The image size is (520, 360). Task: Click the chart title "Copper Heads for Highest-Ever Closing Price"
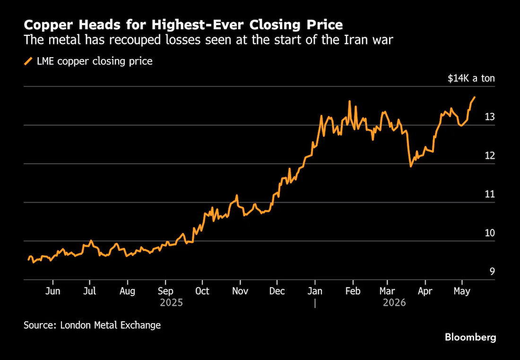click(x=183, y=25)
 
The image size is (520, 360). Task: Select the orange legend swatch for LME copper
click(x=28, y=61)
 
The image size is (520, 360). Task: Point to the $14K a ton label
click(x=471, y=78)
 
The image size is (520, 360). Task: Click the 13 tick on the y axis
click(x=490, y=117)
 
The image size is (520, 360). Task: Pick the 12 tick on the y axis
click(x=490, y=155)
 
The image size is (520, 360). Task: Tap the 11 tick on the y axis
click(x=490, y=194)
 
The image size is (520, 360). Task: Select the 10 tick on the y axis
click(x=490, y=233)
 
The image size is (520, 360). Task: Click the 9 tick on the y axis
click(x=492, y=272)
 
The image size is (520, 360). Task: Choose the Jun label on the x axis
click(x=52, y=291)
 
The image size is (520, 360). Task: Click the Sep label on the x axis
click(x=165, y=291)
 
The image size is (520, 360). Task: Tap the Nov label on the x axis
click(x=240, y=291)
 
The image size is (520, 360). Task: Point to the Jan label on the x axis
click(x=315, y=291)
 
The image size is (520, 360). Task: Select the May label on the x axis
click(x=462, y=291)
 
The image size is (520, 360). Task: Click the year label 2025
click(x=171, y=303)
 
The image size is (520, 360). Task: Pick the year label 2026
click(x=394, y=303)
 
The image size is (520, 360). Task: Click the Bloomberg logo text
click(x=470, y=337)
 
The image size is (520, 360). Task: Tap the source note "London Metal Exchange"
click(x=111, y=325)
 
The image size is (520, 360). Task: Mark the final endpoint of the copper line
click(x=475, y=97)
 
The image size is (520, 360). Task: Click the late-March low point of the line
click(x=410, y=166)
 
